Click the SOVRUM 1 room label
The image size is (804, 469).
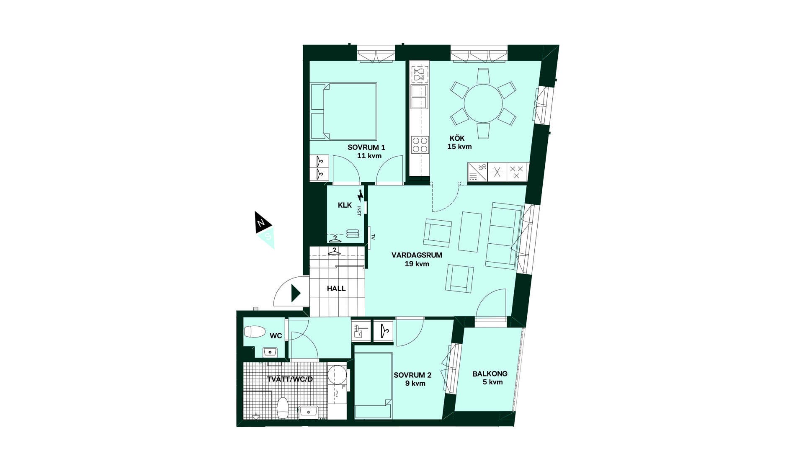pyautogui.click(x=366, y=147)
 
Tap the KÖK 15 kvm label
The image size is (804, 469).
pyautogui.click(x=459, y=142)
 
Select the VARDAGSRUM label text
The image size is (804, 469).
pyautogui.click(x=417, y=255)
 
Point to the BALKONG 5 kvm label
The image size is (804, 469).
pyautogui.click(x=490, y=378)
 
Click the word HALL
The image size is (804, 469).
pyautogui.click(x=336, y=289)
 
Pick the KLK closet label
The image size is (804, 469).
pyautogui.click(x=345, y=205)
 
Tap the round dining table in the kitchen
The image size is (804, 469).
pyautogui.click(x=483, y=103)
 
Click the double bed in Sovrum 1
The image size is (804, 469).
pyautogui.click(x=343, y=111)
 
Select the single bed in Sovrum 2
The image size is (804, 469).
pyautogui.click(x=373, y=385)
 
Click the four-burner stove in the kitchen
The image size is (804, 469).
pyautogui.click(x=420, y=145)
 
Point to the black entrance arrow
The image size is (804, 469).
pyautogui.click(x=296, y=294)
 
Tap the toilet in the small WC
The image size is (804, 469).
pyautogui.click(x=255, y=332)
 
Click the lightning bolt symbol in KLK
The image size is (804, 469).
pyautogui.click(x=360, y=196)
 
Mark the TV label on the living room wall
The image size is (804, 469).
pyautogui.click(x=373, y=237)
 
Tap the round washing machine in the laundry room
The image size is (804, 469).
pyautogui.click(x=337, y=374)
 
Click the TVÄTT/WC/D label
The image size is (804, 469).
pyautogui.click(x=290, y=379)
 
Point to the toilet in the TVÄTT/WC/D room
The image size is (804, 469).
pyautogui.click(x=283, y=408)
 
